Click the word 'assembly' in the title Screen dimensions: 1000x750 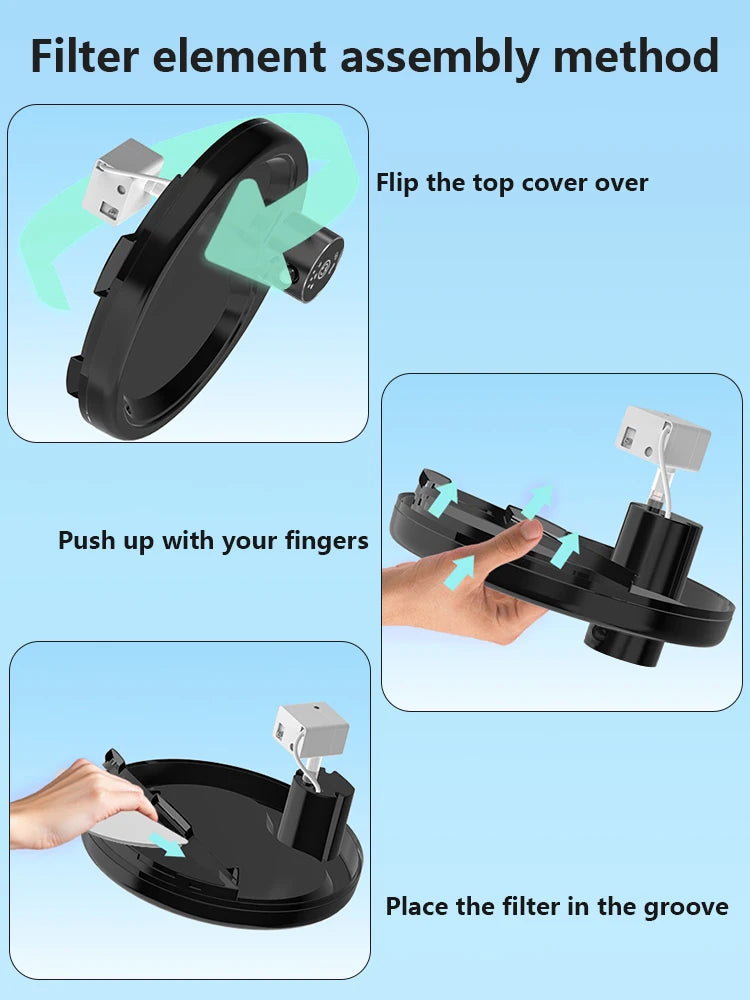(x=441, y=57)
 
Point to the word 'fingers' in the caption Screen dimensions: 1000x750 (x=325, y=541)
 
